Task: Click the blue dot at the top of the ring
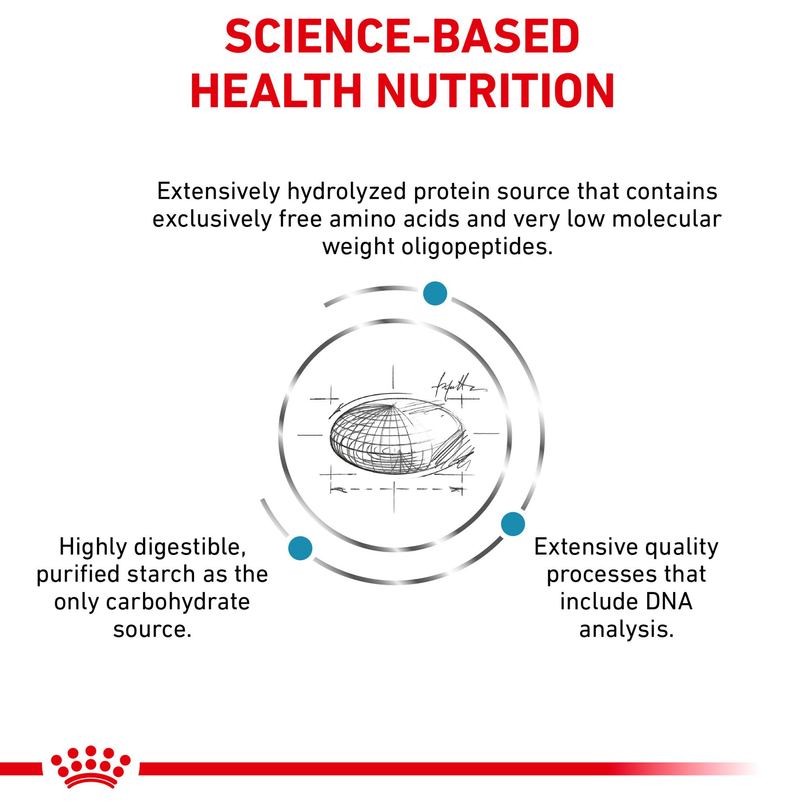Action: coord(435,293)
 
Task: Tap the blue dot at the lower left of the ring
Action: coord(300,548)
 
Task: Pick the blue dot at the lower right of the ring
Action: coord(513,524)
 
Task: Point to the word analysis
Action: coord(626,630)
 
